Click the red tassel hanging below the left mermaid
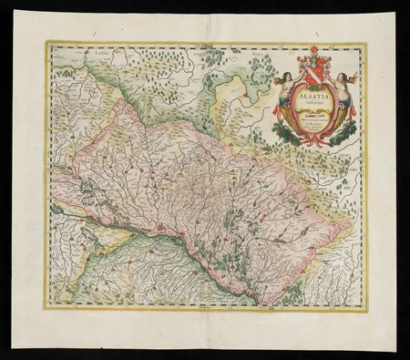pyautogui.click(x=275, y=112)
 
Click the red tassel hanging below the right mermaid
pyautogui.click(x=353, y=112)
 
